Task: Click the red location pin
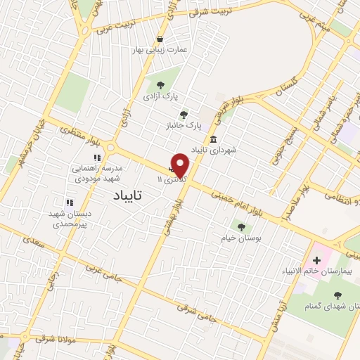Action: click(x=181, y=165)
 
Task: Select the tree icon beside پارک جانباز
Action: click(x=184, y=115)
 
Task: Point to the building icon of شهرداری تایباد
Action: click(x=212, y=140)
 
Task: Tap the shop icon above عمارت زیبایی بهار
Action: click(x=161, y=39)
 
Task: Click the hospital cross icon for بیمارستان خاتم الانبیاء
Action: click(x=317, y=260)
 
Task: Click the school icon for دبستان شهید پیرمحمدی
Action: click(x=69, y=203)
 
